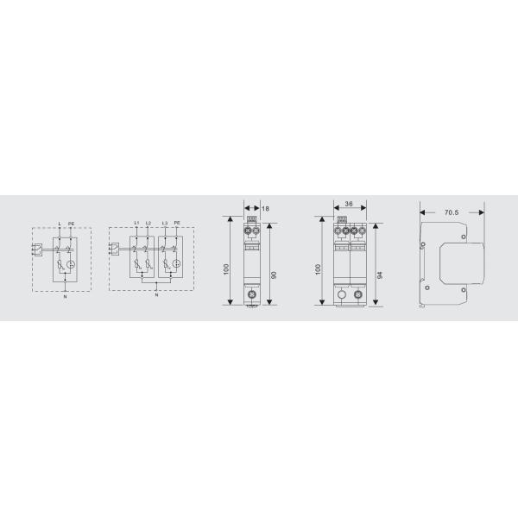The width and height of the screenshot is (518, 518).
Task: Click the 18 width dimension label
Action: coord(265,209)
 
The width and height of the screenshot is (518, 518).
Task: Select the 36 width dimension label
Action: coord(348,205)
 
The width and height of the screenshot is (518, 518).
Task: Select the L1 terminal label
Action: coord(136,223)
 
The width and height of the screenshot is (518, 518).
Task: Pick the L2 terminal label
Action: coord(148,223)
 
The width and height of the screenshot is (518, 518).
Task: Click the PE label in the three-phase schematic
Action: coord(176,223)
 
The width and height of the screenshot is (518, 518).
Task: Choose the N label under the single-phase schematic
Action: coord(64,298)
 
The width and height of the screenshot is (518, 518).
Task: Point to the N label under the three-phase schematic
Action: coord(156,298)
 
